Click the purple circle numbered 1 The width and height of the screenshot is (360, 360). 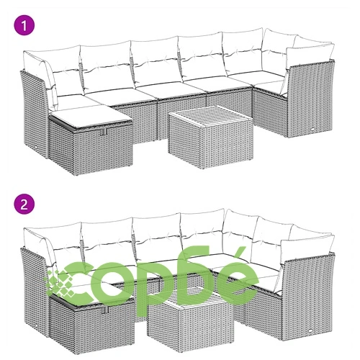point(24,25)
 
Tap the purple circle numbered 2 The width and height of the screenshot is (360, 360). point(24,204)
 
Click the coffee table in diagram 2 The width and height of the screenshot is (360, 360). point(190,319)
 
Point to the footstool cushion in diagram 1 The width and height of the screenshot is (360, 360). point(91,117)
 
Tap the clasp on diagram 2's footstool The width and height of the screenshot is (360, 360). point(106,310)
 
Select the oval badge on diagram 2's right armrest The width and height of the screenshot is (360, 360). point(311,330)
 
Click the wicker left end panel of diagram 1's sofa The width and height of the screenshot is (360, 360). point(35,113)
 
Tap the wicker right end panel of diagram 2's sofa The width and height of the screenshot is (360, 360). point(307,297)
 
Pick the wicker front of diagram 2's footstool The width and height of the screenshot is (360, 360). point(104,329)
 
